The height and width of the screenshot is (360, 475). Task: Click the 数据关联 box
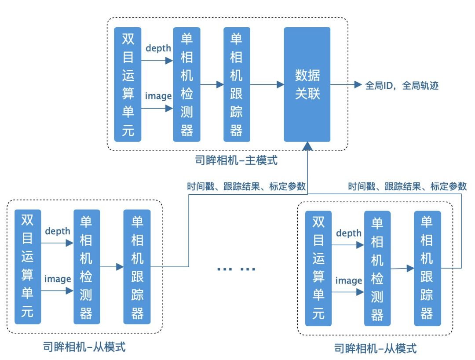pos(307,84)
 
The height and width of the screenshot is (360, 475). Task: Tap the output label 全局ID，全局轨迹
pos(402,85)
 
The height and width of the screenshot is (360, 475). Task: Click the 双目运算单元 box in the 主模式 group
pos(128,84)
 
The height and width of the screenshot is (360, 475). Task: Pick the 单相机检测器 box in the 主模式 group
pos(186,84)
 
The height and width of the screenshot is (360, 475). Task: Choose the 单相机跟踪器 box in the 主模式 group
pos(236,84)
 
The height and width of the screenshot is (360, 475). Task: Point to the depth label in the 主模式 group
pos(158,48)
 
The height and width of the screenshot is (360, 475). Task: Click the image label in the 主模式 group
pos(158,96)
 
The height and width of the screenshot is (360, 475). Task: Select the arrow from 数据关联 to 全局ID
pos(346,85)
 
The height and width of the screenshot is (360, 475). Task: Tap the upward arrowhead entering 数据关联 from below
pos(307,146)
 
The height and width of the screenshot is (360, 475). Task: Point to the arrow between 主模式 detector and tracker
pos(212,85)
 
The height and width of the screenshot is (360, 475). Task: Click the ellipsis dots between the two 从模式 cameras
pos(236,269)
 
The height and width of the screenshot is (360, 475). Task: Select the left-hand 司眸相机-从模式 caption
pos(85,347)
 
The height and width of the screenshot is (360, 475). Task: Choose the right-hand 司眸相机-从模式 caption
pos(375,349)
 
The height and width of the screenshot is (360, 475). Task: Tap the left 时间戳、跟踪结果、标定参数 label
pos(246,186)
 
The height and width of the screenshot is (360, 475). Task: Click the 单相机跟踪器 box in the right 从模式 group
pos(427,269)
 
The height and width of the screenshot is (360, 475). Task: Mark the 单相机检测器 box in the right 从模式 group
pos(377,269)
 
